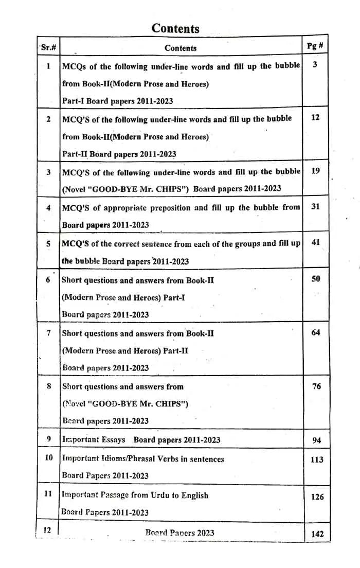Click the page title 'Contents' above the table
click(175, 28)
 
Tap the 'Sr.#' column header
click(48, 48)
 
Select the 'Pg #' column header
click(315, 46)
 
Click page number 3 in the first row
click(315, 64)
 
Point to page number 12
click(315, 117)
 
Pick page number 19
click(315, 171)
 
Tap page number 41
click(316, 242)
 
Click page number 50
click(316, 279)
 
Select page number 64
click(316, 332)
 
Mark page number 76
click(317, 386)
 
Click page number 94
click(317, 440)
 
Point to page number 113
click(317, 459)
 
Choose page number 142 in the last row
click(317, 534)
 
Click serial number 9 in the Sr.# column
click(48, 439)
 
